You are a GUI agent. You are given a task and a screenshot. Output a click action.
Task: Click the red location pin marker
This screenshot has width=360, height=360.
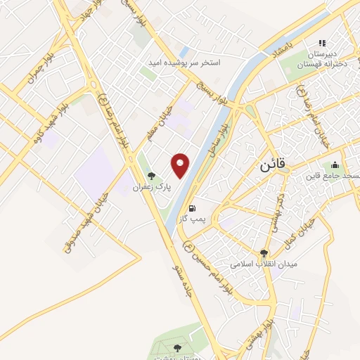click(181, 165)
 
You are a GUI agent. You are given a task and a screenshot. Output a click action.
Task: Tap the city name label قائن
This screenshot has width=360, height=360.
click(258, 166)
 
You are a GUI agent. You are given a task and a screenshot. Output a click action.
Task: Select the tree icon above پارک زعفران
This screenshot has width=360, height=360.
click(149, 176)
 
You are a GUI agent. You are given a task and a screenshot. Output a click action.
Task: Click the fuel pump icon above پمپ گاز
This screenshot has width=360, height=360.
click(191, 209)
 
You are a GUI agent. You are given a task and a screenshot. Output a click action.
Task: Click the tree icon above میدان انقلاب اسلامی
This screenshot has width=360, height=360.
click(264, 253)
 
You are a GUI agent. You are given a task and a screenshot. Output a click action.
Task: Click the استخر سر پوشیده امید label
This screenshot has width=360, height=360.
click(184, 63)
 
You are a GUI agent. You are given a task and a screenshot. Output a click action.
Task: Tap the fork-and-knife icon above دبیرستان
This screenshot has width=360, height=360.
click(323, 43)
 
